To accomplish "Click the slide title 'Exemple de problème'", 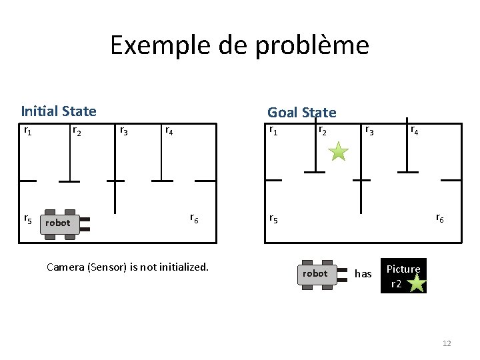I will coord(239,45).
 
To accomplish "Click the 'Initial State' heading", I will coord(59,111).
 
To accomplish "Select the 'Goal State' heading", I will coord(301,113).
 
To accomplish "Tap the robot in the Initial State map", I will coord(58,223).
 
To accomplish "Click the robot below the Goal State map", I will coord(315,274).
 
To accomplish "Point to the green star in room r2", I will coord(339,151).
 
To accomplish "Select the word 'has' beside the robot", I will coord(363,274).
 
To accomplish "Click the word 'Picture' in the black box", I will coord(403,269).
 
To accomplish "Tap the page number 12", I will coord(447,343).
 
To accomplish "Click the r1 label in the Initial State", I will coord(27,130).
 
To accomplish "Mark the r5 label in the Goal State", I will coord(273,218).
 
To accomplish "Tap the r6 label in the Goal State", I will coord(440,217).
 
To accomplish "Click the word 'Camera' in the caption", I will coord(65,267).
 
